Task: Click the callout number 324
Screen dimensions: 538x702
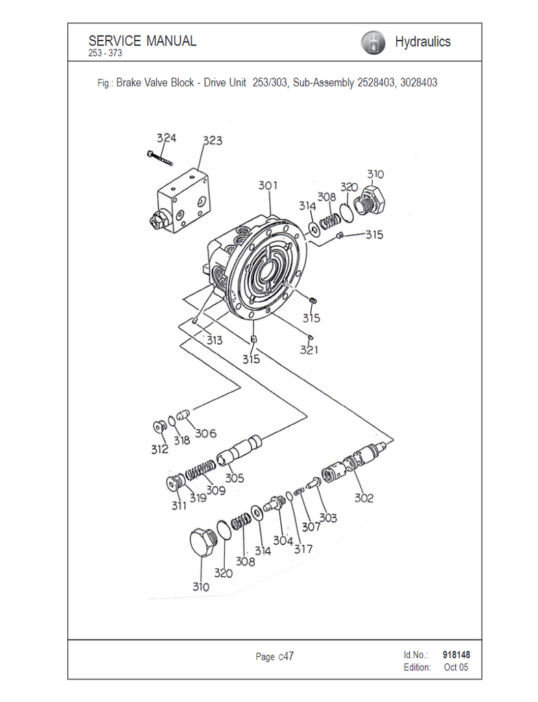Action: tap(167, 138)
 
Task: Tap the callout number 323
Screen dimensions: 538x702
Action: tap(212, 141)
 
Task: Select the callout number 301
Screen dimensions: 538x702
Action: tap(268, 185)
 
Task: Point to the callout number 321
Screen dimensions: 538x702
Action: tap(309, 350)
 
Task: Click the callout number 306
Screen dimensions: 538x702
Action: tap(206, 433)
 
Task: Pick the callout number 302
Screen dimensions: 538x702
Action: tap(364, 498)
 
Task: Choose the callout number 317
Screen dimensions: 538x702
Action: tap(303, 549)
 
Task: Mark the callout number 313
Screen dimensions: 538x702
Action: tap(215, 340)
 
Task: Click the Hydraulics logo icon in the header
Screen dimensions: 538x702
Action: tap(373, 43)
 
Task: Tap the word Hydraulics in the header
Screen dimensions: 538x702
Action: tap(423, 42)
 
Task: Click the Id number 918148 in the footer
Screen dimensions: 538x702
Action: tap(456, 655)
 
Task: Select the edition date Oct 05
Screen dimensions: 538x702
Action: tap(456, 667)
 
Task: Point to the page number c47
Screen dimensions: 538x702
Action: tap(286, 656)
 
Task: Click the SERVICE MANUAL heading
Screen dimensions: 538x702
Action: tap(143, 40)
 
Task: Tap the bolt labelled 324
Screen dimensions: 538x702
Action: tap(160, 158)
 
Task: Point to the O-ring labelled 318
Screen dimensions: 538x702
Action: tap(172, 422)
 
